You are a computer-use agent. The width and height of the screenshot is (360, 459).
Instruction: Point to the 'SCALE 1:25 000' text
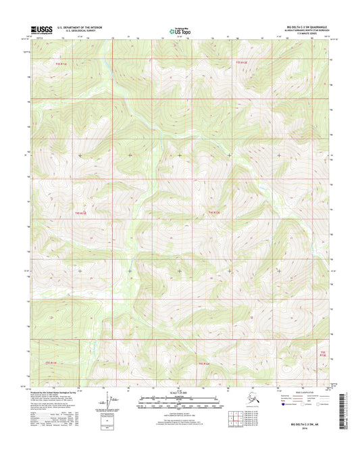tap(179, 393)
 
